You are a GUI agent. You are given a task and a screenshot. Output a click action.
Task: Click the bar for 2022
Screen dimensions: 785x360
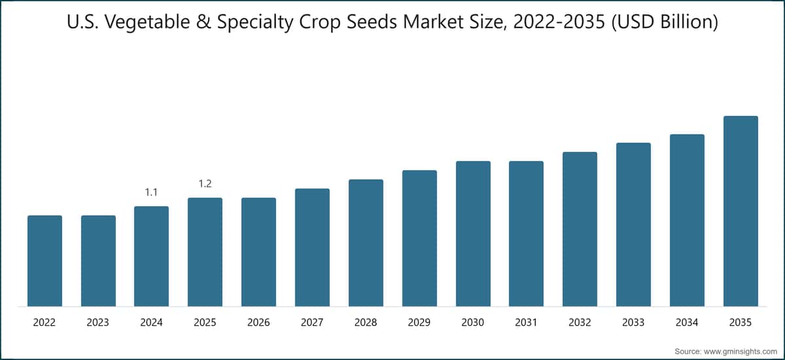click(x=45, y=261)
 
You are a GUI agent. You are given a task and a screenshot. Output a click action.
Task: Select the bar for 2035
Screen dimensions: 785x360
click(x=741, y=211)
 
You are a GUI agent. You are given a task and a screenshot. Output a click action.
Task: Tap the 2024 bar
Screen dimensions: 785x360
click(x=151, y=256)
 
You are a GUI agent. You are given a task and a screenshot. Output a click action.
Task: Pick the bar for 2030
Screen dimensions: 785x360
click(x=473, y=234)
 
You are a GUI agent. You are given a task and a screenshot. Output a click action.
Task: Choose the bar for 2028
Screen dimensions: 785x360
click(x=366, y=243)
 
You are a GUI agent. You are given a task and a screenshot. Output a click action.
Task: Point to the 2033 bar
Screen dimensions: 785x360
click(x=633, y=225)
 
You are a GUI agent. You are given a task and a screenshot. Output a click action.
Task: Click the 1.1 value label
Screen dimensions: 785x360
click(x=151, y=192)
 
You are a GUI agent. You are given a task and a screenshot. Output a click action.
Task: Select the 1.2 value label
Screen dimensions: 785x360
click(x=205, y=184)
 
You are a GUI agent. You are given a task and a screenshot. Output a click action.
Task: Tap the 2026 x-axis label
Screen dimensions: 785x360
click(x=258, y=322)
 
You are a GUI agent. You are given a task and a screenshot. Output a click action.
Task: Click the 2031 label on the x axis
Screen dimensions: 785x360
click(x=526, y=322)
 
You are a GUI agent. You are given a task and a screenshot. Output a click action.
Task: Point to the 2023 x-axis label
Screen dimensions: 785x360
click(x=97, y=322)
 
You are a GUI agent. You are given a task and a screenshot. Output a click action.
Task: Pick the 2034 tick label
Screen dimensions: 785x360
click(x=687, y=322)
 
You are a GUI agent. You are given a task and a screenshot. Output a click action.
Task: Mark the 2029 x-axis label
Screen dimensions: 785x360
click(x=419, y=322)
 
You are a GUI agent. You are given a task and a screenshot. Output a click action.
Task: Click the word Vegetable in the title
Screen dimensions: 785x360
click(x=148, y=22)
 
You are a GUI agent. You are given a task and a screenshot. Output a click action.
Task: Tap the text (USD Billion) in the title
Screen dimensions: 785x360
click(x=665, y=22)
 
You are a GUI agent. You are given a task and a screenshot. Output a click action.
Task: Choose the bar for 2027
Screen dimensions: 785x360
click(x=312, y=247)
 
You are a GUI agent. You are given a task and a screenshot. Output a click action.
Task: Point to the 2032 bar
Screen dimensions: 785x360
click(x=580, y=229)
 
